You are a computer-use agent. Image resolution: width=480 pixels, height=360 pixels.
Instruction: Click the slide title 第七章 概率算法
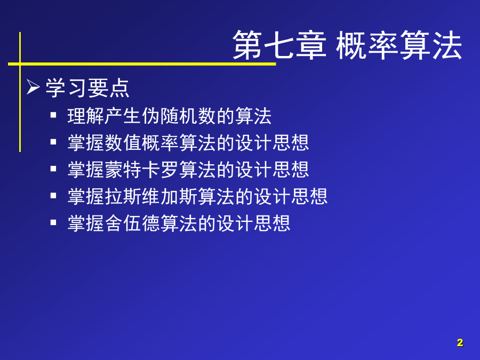click(347, 45)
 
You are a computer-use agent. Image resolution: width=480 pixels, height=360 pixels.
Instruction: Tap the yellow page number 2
click(460, 342)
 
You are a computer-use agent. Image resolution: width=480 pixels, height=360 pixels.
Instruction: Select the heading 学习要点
click(87, 88)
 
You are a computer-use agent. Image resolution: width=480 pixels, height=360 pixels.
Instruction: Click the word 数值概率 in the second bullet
click(142, 142)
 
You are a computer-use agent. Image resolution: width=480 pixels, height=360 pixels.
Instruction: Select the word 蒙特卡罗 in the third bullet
click(142, 169)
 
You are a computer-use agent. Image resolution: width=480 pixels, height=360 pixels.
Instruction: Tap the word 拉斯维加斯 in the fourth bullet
click(151, 196)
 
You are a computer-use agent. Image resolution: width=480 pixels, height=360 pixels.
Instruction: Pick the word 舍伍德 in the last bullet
click(133, 223)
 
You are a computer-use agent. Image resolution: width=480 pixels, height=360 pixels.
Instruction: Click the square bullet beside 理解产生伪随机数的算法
click(53, 115)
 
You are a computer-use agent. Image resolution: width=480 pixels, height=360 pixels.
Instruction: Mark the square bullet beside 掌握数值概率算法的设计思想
click(53, 142)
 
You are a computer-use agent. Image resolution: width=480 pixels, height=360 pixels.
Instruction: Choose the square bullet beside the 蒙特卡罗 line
click(53, 169)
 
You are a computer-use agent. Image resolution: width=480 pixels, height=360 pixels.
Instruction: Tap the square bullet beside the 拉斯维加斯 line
click(53, 195)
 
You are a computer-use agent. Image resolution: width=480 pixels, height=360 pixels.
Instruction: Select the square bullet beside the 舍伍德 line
click(53, 222)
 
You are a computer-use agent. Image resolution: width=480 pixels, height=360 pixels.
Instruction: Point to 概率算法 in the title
click(399, 45)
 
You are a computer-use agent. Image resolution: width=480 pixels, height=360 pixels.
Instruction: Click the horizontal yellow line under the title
click(142, 64)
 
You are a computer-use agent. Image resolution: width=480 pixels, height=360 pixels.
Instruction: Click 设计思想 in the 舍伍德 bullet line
click(253, 223)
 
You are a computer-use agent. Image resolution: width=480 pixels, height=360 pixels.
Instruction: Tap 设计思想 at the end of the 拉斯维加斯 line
click(291, 196)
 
